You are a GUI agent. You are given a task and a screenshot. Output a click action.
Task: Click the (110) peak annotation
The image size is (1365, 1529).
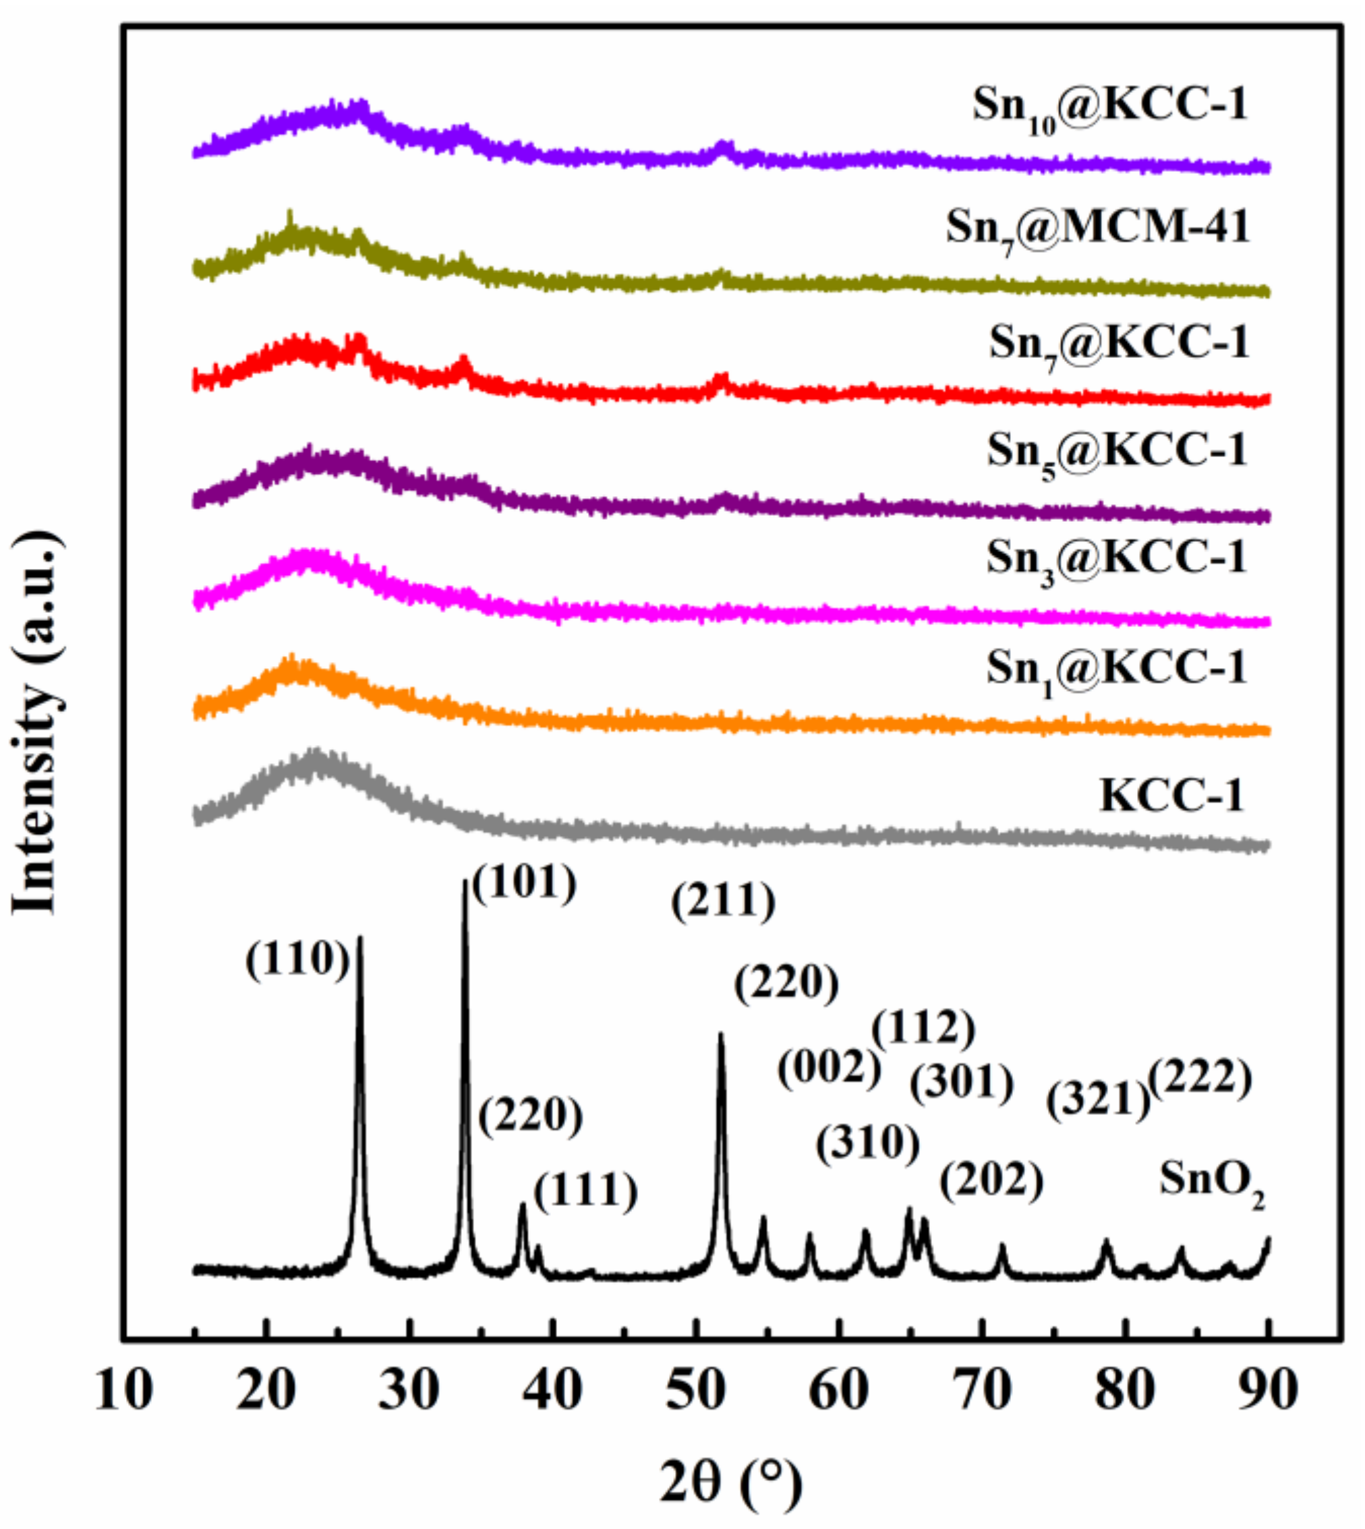point(297,961)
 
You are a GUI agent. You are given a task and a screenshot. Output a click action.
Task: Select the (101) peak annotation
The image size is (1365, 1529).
point(524,882)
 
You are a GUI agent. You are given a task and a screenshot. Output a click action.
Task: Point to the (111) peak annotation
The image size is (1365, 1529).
point(586,1193)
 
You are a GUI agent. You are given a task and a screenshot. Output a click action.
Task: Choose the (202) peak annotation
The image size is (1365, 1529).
point(991,1182)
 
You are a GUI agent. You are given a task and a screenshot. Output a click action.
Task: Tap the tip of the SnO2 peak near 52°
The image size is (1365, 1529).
point(721,1035)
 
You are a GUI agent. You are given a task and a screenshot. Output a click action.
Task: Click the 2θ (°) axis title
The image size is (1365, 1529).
point(731,1482)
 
